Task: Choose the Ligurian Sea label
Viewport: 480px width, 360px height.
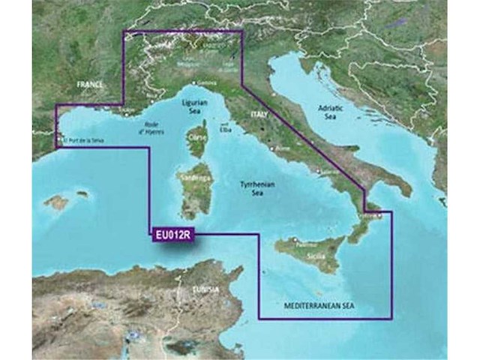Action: click(x=195, y=106)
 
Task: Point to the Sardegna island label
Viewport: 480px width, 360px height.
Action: click(x=193, y=177)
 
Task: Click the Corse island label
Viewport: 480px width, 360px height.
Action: click(x=197, y=139)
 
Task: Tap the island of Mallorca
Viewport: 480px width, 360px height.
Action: click(x=56, y=202)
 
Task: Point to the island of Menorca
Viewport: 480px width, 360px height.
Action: click(x=81, y=193)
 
